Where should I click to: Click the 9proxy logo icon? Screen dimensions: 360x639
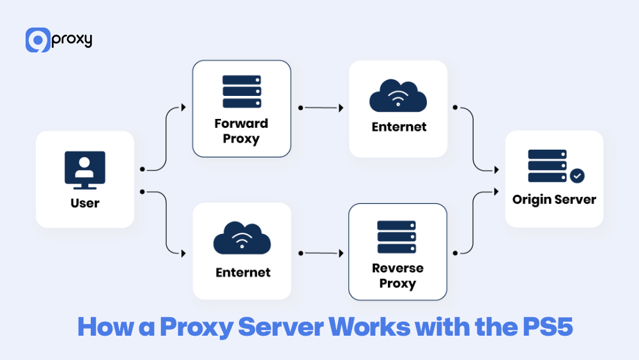click(x=38, y=40)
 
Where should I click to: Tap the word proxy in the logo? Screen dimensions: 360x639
click(x=72, y=39)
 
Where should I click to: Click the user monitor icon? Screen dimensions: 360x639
click(x=85, y=170)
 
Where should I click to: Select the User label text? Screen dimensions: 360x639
click(x=85, y=203)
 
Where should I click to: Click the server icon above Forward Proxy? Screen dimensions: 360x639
click(x=242, y=92)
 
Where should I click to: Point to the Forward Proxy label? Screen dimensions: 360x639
click(x=242, y=130)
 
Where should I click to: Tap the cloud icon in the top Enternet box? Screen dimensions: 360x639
click(x=398, y=98)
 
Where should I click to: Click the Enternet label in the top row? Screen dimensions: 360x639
click(x=399, y=127)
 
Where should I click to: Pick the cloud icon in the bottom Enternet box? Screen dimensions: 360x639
click(x=242, y=239)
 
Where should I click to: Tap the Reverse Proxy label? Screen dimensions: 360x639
click(x=397, y=276)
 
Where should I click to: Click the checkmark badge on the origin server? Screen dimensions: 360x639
click(x=577, y=175)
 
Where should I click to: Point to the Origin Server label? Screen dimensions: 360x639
click(x=554, y=200)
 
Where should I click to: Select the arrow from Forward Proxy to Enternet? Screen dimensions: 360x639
click(x=320, y=107)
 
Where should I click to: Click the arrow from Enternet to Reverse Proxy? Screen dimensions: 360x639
click(x=320, y=253)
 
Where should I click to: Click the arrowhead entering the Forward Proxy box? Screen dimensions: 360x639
click(x=184, y=107)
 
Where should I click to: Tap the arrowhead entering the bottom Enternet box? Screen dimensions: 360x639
click(x=184, y=253)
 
